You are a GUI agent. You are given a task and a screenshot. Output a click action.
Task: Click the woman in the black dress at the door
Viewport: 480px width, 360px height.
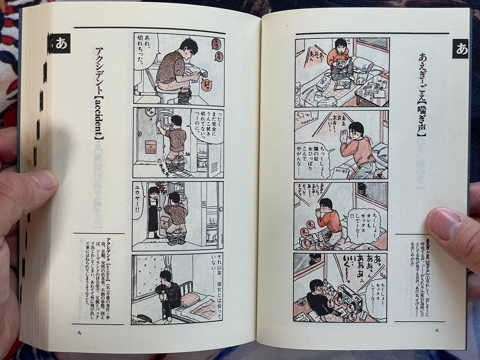(153, 213)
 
